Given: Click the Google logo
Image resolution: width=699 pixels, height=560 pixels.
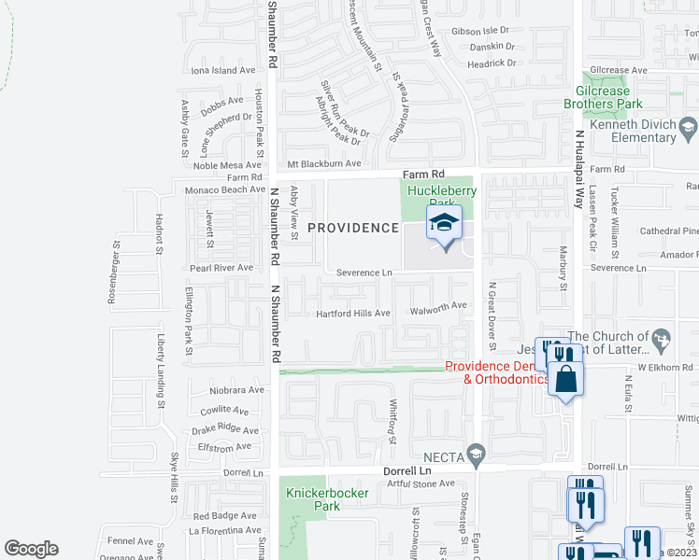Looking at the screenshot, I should coord(31,549).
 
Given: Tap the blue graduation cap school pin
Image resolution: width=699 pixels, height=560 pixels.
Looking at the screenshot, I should coord(445,225).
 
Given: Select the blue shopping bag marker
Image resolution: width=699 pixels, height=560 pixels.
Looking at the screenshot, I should coord(566,379).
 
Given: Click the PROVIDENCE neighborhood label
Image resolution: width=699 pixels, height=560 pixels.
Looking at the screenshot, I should coord(353,228).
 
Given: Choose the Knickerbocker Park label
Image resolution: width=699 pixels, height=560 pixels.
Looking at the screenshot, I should coord(327,498).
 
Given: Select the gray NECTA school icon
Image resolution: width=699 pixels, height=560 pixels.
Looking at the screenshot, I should coord(477,455).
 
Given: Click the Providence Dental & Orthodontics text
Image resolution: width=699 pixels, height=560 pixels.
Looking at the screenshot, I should coord(495,372).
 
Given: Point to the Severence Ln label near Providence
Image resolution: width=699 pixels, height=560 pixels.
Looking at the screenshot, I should coord(364,273).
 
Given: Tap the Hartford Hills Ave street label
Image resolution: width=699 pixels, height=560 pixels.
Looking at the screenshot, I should coord(352,314).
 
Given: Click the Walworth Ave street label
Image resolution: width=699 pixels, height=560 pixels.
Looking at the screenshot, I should coord(440,305).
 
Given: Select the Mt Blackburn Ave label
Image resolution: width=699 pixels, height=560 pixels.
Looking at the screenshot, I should coord(324,163).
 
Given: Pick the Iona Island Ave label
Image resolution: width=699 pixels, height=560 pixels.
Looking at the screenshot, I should coord(222,70).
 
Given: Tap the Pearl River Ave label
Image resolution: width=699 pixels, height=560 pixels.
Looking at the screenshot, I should coord(221,268).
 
